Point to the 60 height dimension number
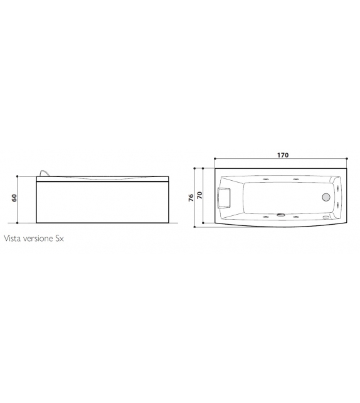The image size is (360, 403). pos(13,198)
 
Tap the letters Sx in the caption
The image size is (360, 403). pos(60,239)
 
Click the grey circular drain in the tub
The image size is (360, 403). pos(326,196)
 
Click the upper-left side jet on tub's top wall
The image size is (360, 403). pos(267,178)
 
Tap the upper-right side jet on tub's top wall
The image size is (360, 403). pos(295,178)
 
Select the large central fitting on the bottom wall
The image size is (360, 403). pos(280,217)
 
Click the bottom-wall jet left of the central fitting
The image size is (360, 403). pos(267,217)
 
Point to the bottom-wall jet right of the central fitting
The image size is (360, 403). pos(295,217)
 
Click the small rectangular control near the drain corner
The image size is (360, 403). pos(324,216)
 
